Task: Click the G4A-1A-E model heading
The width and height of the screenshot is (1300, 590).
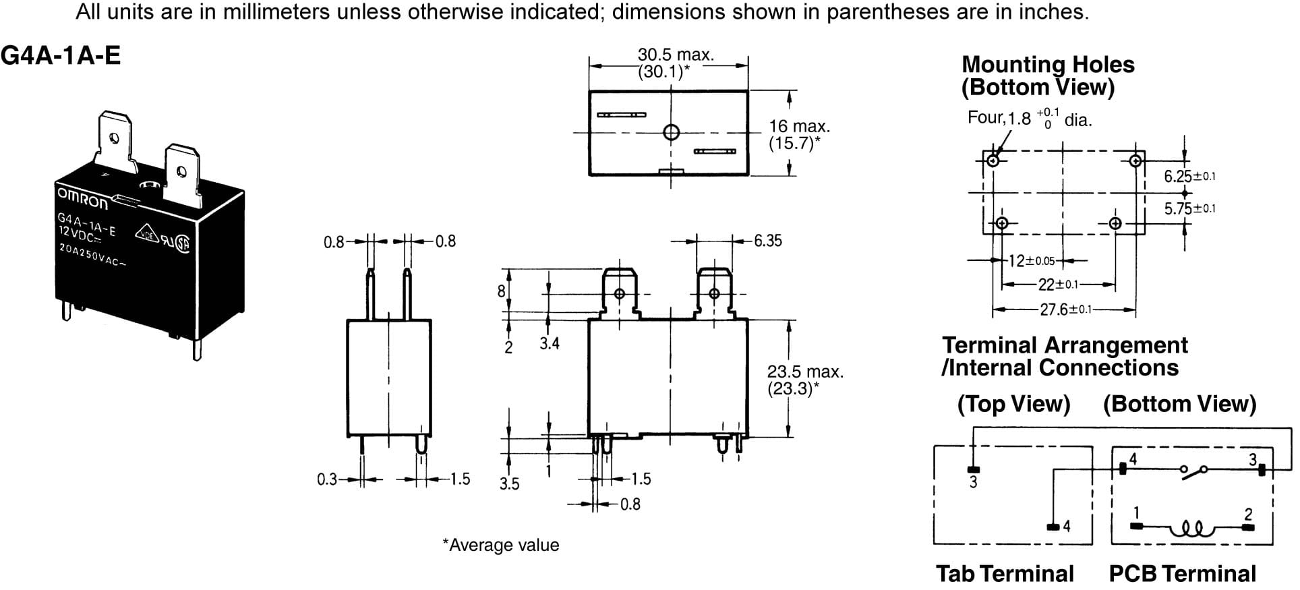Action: coord(61,55)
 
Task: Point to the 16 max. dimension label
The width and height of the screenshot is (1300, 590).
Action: coord(799,126)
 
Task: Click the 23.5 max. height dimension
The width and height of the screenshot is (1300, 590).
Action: coord(804,372)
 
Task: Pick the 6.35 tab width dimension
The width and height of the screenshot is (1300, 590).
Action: coord(767,241)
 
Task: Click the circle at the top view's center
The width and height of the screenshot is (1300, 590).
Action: coord(671,132)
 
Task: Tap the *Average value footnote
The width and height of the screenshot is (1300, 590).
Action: coord(500,545)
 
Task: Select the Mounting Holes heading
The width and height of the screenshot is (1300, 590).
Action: coord(1047,64)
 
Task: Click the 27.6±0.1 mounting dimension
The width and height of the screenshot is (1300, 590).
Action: coord(1065,309)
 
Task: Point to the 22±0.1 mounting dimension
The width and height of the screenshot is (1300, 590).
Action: coord(1058,285)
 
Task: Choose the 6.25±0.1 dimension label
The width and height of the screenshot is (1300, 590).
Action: coord(1189,177)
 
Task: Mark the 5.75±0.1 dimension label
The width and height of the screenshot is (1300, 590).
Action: coord(1189,209)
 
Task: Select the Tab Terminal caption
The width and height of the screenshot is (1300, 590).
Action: coord(1005,573)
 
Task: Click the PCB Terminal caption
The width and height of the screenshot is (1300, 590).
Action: coord(1182,573)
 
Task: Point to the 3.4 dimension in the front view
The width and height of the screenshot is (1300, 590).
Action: coord(549,343)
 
